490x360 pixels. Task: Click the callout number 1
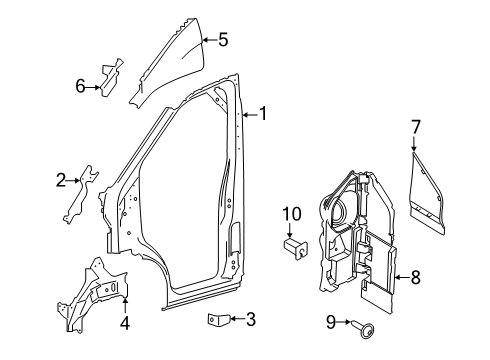[263, 114]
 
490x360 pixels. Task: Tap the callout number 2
[61, 180]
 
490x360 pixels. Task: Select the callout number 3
[251, 319]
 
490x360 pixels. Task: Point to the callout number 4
[125, 323]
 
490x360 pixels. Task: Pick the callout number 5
[223, 40]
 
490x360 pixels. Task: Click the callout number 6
[80, 86]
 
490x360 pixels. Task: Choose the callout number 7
[415, 127]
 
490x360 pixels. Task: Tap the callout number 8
[416, 277]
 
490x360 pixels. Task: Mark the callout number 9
[331, 322]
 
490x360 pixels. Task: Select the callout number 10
[292, 214]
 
